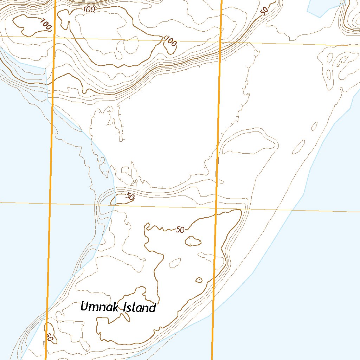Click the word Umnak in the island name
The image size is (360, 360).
(x=101, y=307)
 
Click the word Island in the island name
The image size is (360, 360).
(x=140, y=308)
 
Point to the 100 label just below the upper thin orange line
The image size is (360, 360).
(x=171, y=43)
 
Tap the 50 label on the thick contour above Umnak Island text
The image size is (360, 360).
(x=180, y=230)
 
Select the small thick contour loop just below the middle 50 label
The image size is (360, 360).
(x=193, y=241)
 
